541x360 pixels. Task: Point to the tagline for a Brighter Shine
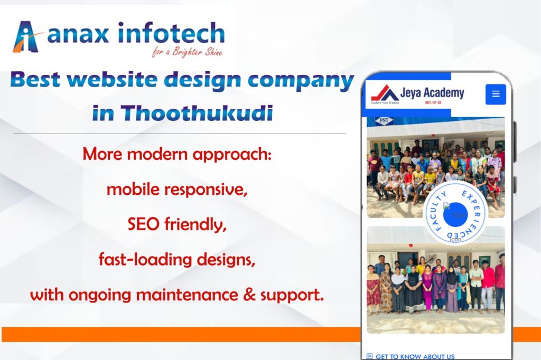coord(187,52)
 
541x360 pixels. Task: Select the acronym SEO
coord(144,224)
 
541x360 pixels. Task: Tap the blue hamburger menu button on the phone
coord(496,94)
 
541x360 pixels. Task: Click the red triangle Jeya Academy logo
coord(385,93)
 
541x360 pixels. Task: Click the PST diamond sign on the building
coord(384,121)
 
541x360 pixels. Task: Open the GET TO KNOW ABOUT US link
coord(415,356)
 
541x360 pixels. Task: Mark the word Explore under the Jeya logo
coord(377,102)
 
